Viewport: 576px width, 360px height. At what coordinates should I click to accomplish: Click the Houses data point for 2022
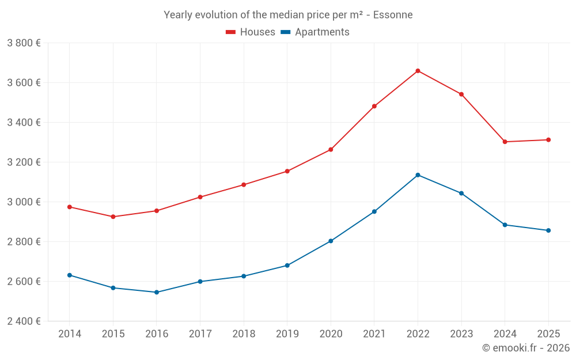click(418, 71)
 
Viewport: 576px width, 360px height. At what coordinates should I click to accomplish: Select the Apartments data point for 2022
click(418, 175)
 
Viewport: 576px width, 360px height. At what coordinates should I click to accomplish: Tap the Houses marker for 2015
click(113, 217)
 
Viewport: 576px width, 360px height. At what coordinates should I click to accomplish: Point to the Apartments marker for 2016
click(156, 292)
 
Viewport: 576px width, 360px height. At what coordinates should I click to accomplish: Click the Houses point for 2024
click(505, 142)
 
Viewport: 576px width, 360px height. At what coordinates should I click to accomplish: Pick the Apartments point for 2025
click(548, 230)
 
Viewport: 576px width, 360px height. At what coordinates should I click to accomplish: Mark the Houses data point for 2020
click(331, 150)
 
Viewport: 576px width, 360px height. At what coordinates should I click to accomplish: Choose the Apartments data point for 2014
click(69, 275)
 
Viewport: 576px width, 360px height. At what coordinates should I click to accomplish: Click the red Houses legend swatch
click(231, 32)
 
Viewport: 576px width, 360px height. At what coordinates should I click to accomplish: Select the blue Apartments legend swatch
click(285, 32)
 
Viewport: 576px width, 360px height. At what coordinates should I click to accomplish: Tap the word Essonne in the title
click(393, 15)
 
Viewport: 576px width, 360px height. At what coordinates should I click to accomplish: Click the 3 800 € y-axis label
click(24, 43)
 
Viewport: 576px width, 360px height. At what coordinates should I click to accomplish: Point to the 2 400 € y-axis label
click(24, 321)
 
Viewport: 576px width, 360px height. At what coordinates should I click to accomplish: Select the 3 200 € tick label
click(24, 162)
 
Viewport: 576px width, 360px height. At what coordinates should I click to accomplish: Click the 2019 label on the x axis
click(287, 334)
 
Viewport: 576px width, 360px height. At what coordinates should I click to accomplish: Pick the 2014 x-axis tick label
click(69, 334)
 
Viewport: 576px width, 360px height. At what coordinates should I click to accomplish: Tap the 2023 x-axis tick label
click(461, 334)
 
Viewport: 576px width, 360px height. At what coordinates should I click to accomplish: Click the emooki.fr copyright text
click(525, 348)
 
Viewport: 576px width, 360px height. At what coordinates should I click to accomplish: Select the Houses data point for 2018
click(244, 185)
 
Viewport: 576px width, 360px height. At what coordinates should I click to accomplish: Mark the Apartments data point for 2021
click(374, 211)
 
